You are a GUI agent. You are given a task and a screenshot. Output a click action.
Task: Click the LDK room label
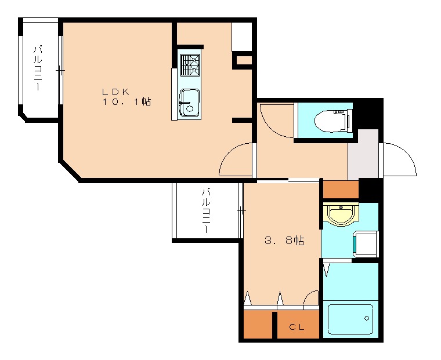click(115, 92)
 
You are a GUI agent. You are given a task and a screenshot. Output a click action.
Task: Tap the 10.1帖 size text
click(126, 101)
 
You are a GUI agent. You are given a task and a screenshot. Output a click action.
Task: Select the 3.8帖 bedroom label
click(284, 241)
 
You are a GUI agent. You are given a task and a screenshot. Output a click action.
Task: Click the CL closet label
click(297, 327)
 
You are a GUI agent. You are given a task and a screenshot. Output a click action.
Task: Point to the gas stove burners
click(190, 65)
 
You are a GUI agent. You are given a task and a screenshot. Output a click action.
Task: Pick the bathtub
click(350, 319)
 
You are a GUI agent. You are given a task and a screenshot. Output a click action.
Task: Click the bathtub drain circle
click(367, 318)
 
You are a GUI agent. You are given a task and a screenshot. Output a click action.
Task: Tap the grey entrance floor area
click(363, 154)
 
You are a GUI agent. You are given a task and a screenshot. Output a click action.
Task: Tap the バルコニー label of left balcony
click(38, 68)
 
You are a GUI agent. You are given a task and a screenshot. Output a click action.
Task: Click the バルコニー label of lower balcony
click(206, 211)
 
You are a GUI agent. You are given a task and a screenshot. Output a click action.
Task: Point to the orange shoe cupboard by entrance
click(341, 190)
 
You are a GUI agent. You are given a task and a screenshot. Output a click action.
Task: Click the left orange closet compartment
click(258, 324)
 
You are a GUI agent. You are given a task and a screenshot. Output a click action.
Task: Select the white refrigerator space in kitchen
click(241, 37)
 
